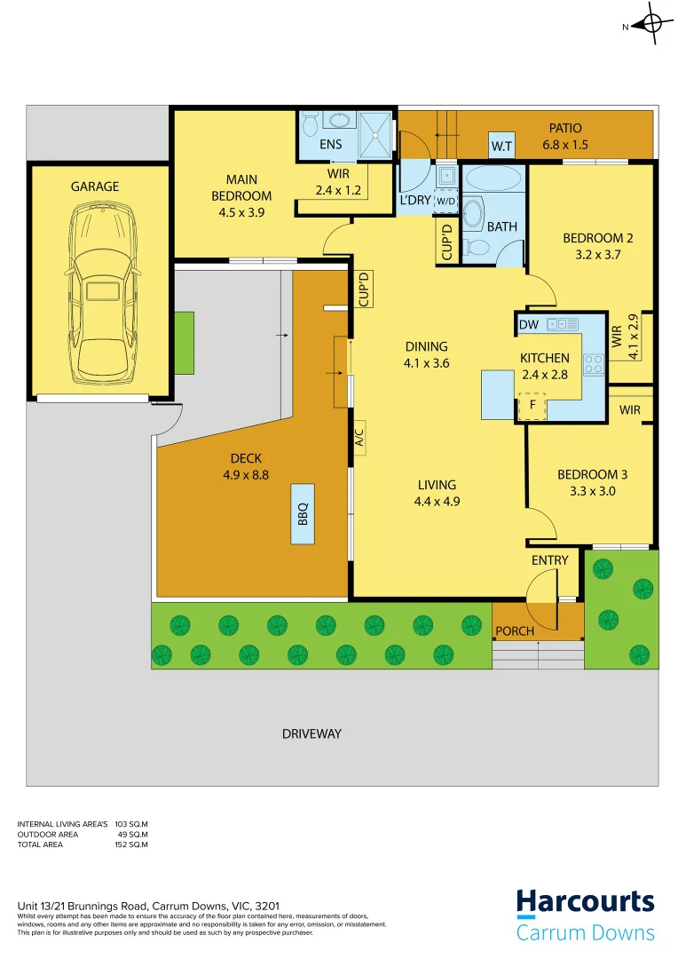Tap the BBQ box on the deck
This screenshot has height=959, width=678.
click(x=302, y=513)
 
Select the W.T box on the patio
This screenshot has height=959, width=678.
click(x=501, y=147)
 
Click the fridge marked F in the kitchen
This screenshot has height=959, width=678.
click(x=532, y=406)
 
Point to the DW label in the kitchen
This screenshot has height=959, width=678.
click(x=528, y=326)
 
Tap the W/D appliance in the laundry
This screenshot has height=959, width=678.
click(x=445, y=201)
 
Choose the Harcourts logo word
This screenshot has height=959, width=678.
click(x=586, y=903)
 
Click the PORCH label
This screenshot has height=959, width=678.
click(x=516, y=631)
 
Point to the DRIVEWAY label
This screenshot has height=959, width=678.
click(x=311, y=733)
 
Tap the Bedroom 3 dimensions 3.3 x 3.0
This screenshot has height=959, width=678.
click(x=587, y=490)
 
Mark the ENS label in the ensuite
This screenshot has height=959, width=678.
click(x=331, y=144)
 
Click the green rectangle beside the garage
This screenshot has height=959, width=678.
click(x=184, y=343)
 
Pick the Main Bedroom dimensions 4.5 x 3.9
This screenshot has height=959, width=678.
click(x=240, y=211)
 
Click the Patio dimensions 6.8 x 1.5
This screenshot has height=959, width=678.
click(x=565, y=145)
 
